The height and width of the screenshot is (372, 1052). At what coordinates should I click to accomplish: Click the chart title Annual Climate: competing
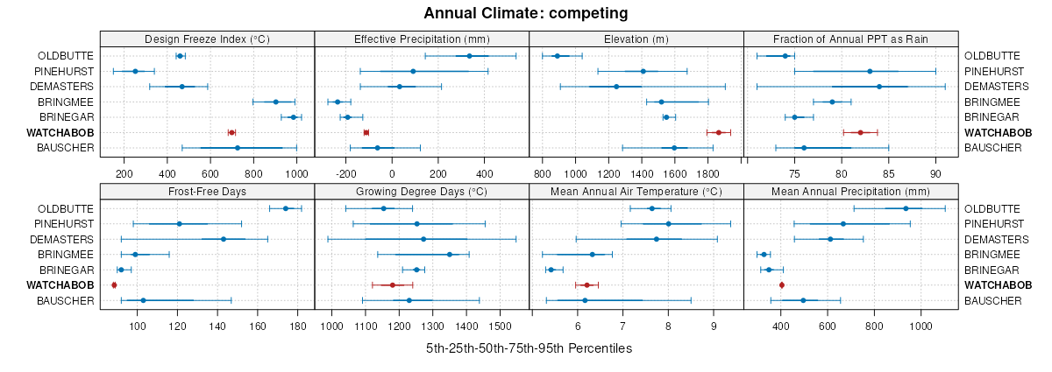pos(525,13)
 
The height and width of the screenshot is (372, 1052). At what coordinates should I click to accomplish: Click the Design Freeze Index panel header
pos(207,39)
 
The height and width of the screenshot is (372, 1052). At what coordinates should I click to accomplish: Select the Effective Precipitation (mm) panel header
pos(422,39)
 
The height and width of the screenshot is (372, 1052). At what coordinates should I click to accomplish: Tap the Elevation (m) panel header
pos(636,39)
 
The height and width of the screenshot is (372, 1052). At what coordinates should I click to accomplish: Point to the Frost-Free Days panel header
pos(207,192)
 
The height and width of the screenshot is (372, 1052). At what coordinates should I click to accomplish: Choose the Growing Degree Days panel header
pos(422,192)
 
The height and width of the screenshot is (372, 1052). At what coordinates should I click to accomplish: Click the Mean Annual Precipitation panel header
pos(850,192)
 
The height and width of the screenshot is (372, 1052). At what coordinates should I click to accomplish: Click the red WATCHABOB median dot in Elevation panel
pos(719,132)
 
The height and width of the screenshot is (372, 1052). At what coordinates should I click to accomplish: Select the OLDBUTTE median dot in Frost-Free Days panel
pos(286,208)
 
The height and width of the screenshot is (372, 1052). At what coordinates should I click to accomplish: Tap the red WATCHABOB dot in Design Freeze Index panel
pos(231,132)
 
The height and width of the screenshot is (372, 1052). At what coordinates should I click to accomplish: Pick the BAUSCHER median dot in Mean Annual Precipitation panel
pos(803,300)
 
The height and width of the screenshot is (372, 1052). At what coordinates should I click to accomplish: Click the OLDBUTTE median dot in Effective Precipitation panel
pos(469,56)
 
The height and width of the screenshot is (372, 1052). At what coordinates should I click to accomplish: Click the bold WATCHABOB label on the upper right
pos(998,133)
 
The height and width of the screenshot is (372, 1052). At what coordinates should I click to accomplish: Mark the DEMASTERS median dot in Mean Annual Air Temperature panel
pos(657,239)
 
